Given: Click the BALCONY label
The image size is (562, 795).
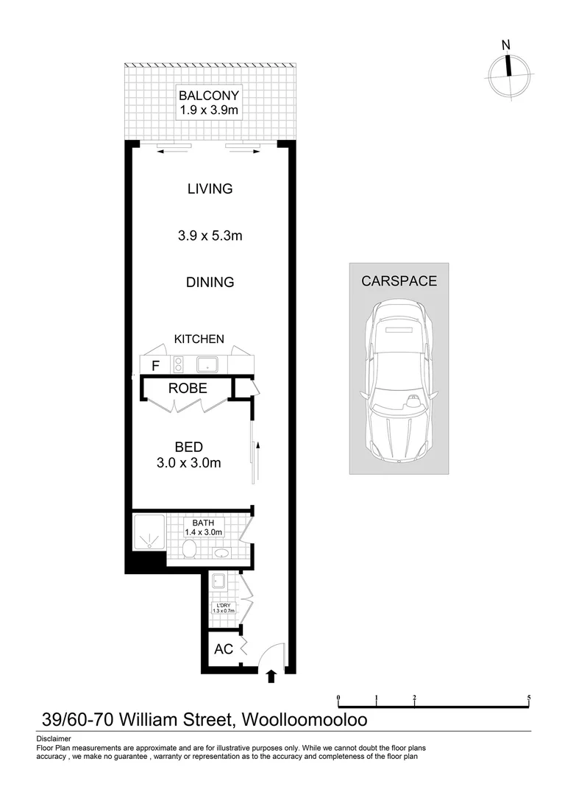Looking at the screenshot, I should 210,96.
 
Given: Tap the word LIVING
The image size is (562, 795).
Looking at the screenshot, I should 210,189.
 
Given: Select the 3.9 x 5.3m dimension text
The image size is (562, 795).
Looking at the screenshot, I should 210,236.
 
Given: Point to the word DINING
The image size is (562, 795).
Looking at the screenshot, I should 210,282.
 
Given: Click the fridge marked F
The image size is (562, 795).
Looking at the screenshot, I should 155,365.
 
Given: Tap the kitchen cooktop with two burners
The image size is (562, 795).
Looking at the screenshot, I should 177,364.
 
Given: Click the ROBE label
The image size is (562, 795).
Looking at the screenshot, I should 187,388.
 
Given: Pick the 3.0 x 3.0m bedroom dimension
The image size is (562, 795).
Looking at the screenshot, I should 189,463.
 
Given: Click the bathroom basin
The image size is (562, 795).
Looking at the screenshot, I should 220,553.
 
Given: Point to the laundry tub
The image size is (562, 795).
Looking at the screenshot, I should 217,582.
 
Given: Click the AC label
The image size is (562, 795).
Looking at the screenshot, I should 223,650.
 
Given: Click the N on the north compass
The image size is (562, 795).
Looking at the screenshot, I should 505,46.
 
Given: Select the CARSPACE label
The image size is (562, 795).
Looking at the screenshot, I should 399,281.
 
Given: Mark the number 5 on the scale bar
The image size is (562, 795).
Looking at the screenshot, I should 529,697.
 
